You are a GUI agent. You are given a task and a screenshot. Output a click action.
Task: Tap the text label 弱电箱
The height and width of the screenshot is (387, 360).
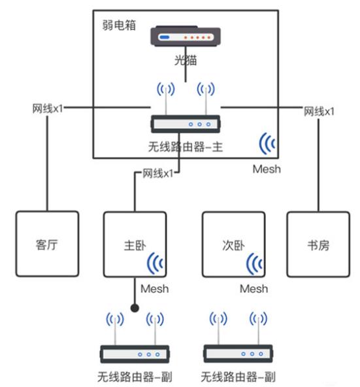(118, 25)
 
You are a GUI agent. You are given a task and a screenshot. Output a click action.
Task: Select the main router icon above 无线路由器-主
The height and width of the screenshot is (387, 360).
(185, 122)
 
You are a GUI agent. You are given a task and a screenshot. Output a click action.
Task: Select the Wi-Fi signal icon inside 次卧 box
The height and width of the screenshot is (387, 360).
(255, 263)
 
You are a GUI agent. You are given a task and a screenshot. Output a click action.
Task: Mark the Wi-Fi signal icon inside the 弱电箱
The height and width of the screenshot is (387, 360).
(267, 143)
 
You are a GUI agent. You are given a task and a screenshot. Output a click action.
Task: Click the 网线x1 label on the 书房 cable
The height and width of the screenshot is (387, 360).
(319, 111)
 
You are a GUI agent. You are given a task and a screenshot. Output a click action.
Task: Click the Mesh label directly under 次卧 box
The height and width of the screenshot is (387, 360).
(254, 288)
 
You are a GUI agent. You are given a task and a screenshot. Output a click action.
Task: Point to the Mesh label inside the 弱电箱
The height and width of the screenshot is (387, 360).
(266, 169)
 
